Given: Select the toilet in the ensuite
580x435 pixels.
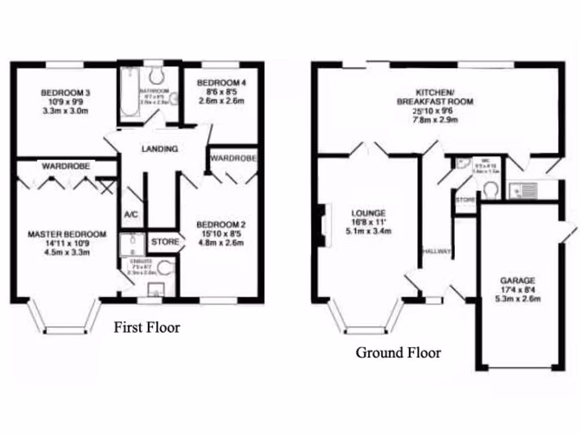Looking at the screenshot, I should (165, 267).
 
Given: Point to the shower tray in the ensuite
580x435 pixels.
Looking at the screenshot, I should (131, 244).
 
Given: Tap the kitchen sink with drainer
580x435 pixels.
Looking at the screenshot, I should (523, 191).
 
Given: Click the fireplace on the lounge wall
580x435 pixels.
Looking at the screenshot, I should (322, 225).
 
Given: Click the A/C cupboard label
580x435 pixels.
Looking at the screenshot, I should (131, 215).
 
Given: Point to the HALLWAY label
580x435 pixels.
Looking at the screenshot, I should (436, 251).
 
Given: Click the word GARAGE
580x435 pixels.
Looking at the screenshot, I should (517, 280).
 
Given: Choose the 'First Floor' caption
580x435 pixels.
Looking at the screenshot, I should (147, 327).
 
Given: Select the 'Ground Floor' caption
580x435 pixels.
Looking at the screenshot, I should (398, 353).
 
